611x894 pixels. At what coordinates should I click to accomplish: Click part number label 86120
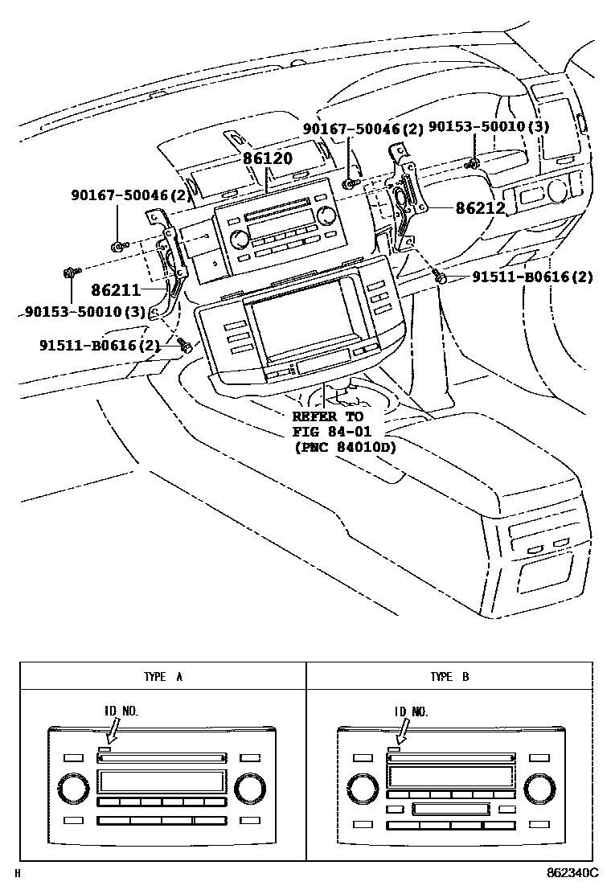click(x=268, y=159)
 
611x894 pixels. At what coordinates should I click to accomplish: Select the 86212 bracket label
click(x=480, y=208)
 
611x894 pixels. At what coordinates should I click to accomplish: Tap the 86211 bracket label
click(x=115, y=289)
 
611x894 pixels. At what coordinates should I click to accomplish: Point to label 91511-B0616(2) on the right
click(x=532, y=277)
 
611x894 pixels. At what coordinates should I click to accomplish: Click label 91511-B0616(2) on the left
click(x=100, y=345)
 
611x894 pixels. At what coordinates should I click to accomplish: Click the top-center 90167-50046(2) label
click(x=363, y=129)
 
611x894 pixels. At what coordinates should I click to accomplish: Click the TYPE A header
click(x=163, y=677)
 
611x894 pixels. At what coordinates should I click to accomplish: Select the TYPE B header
click(x=449, y=677)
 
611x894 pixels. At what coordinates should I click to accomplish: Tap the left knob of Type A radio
click(x=68, y=787)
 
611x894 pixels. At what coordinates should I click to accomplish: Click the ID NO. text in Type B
click(x=411, y=712)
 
